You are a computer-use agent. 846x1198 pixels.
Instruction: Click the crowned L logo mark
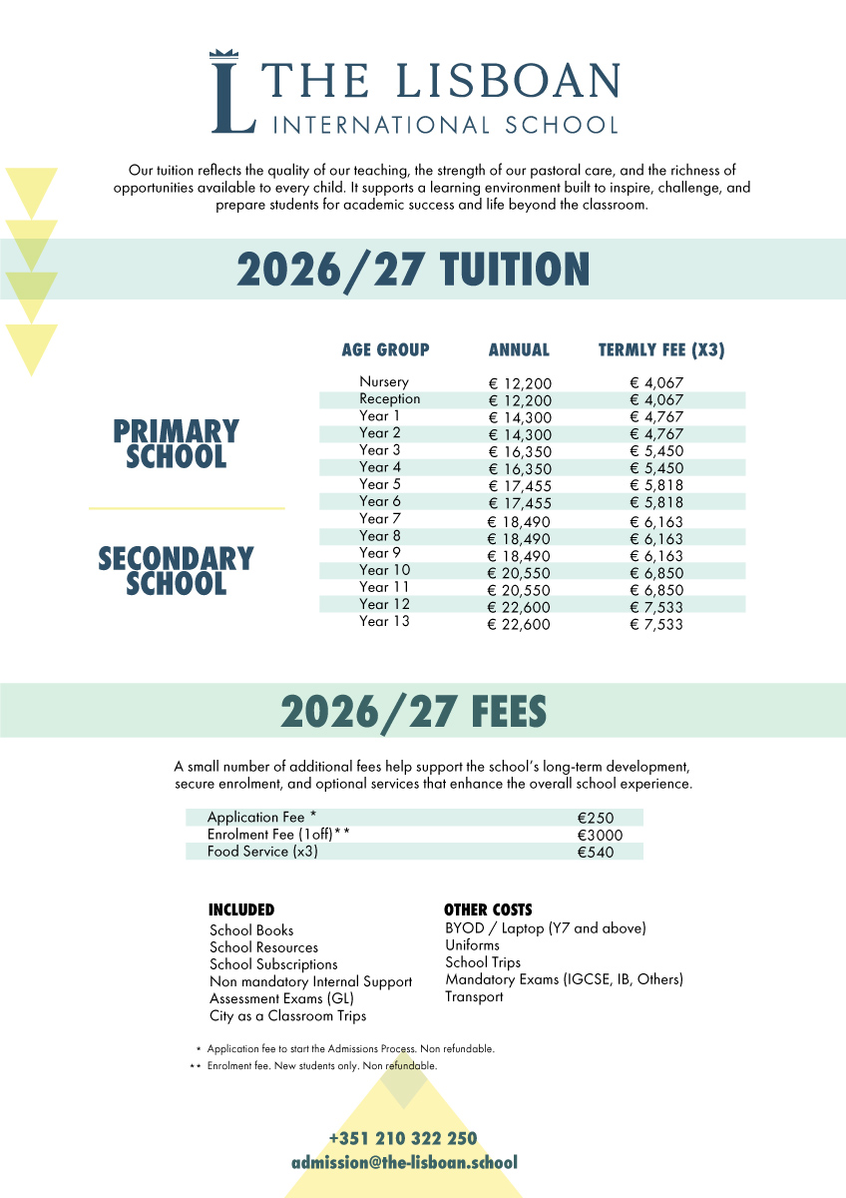232,92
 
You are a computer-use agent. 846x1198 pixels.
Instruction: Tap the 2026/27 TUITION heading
413,270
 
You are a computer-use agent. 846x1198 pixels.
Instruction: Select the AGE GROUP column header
385,350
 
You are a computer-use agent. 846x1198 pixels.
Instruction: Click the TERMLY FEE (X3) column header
660,350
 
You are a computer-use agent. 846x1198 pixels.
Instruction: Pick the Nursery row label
384,382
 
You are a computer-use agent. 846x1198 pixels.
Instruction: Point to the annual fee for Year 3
519,452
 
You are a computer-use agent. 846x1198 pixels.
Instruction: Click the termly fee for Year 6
656,503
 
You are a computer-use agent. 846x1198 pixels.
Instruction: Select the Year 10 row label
384,571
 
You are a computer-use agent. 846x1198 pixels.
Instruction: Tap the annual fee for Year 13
519,625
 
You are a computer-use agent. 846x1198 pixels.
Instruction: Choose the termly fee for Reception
656,401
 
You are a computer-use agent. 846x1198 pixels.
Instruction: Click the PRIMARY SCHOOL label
176,444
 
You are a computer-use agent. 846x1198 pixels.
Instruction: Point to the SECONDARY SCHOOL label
176,571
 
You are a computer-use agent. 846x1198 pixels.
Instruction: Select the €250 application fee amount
596,818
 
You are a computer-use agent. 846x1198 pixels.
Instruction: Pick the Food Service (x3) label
262,852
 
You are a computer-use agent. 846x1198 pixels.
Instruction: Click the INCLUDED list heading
240,910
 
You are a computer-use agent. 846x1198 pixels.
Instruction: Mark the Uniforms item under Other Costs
472,945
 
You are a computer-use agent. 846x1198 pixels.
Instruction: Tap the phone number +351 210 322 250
403,1139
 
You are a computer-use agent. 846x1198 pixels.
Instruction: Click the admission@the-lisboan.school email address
404,1163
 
